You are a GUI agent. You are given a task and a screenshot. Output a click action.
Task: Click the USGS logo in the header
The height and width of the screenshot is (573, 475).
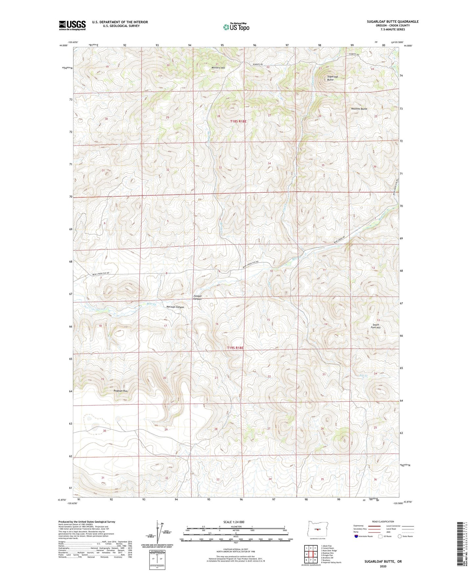coord(72,25)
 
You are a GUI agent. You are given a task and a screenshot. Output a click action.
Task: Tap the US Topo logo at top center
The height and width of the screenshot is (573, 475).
coord(236,27)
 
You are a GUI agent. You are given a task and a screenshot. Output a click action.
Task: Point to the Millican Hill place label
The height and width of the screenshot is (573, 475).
coord(218,68)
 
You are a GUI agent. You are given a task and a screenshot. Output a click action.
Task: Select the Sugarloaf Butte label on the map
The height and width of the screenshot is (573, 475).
coord(330,78)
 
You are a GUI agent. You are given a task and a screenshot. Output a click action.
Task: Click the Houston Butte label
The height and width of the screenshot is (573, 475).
coord(359,109)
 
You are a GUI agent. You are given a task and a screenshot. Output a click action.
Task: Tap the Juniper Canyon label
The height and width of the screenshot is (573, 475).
coord(197,297)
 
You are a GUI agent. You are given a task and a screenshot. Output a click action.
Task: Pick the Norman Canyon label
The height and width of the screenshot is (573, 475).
coord(175,307)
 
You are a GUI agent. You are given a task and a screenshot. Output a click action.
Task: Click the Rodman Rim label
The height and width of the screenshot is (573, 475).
coord(120,391)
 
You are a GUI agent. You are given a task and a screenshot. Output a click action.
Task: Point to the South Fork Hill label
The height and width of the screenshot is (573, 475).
coord(375,326)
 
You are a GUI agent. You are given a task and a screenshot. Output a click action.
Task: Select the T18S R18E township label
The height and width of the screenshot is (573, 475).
coord(238,121)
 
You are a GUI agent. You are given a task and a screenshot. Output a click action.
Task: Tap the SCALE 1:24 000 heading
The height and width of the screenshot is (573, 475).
coord(236,522)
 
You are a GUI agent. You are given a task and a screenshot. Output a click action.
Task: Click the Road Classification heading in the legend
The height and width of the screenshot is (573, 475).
coord(383,521)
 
